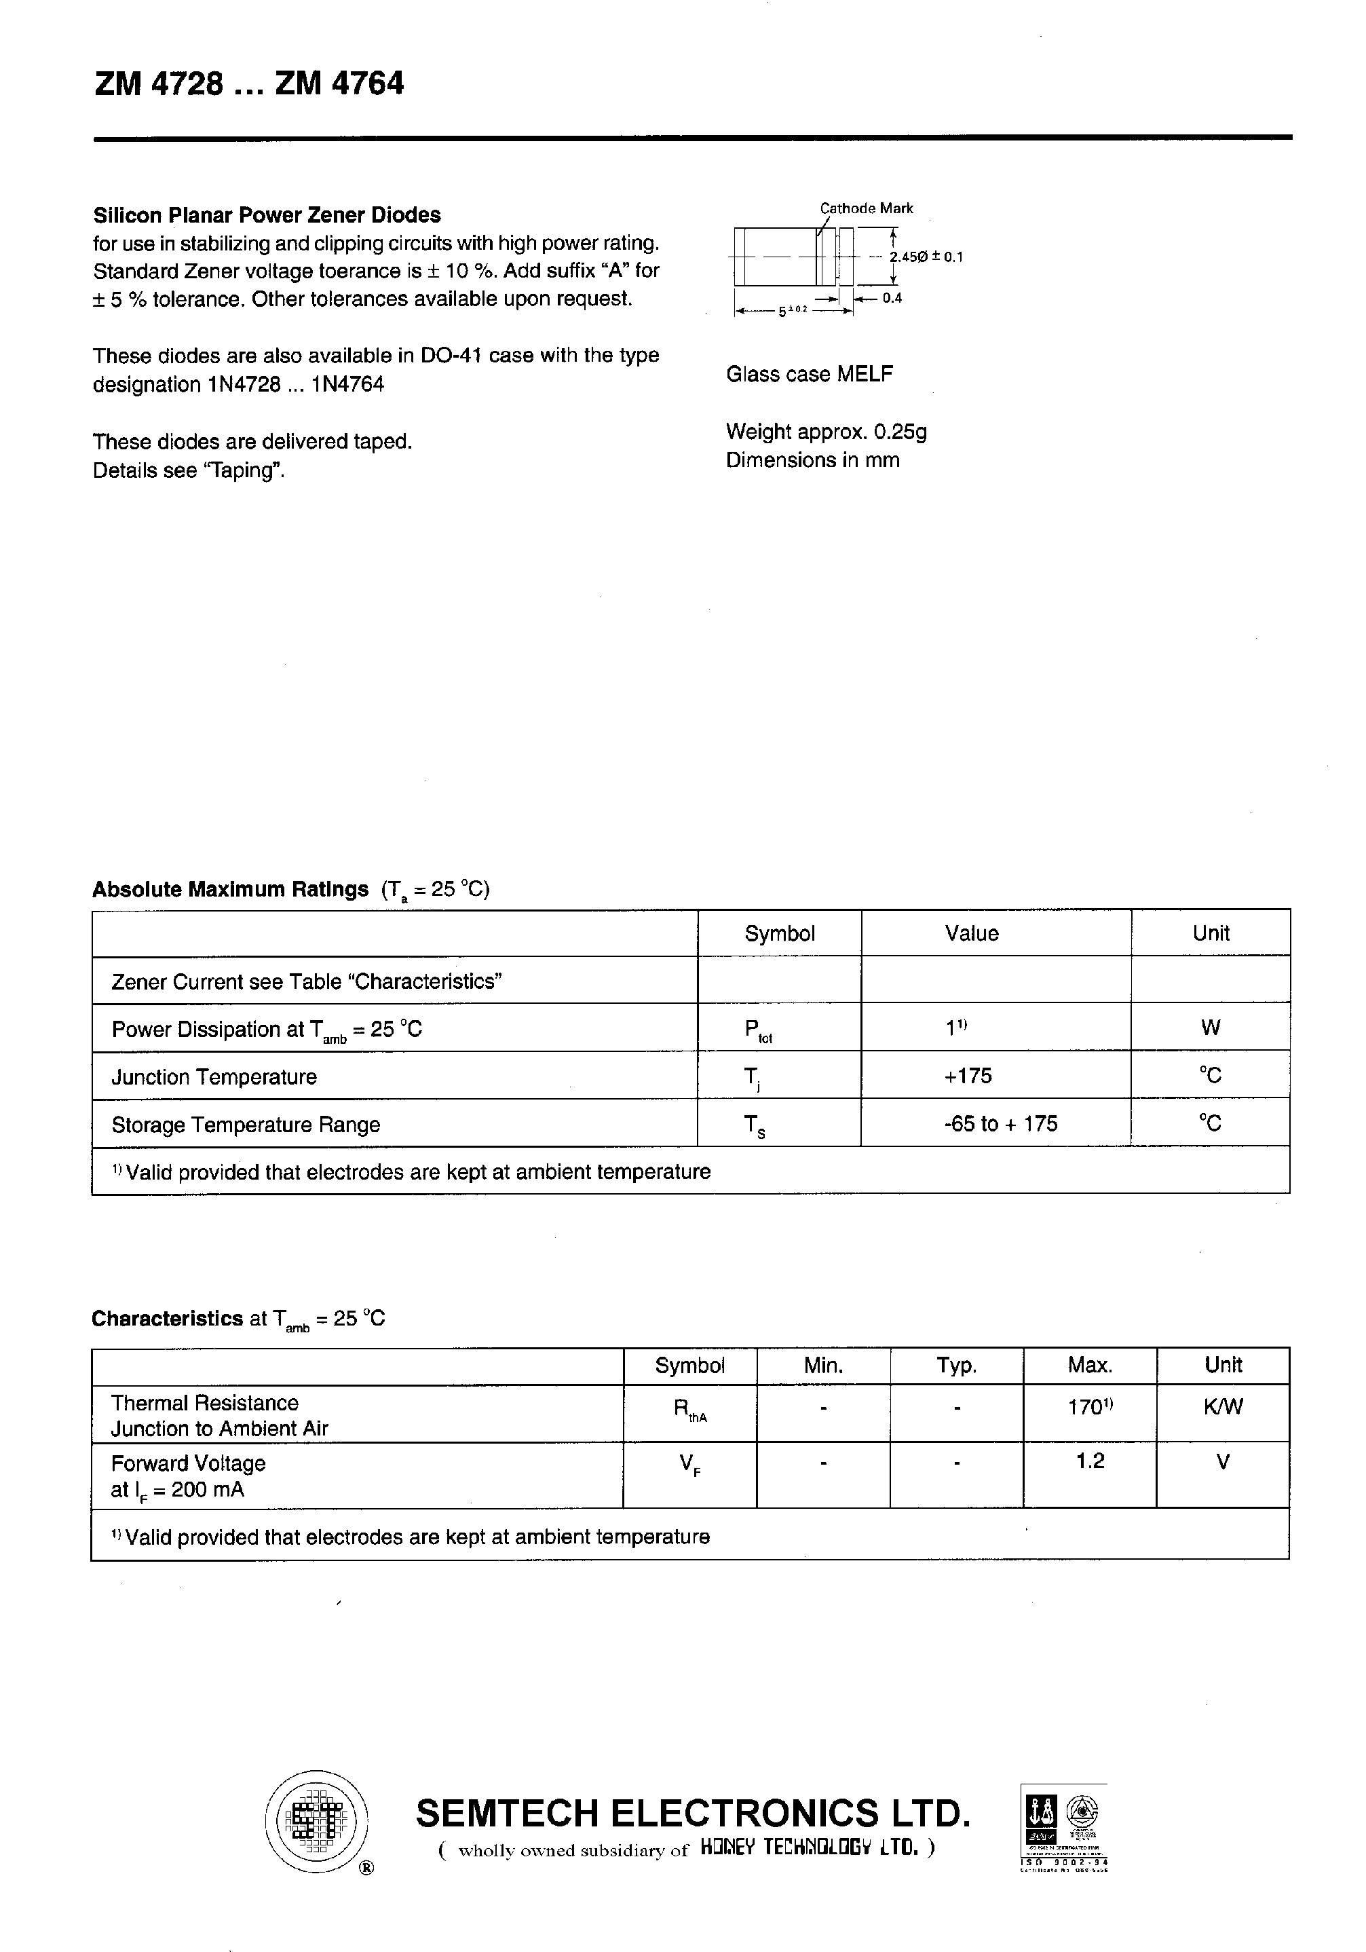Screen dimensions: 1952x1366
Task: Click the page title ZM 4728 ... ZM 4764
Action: tap(248, 84)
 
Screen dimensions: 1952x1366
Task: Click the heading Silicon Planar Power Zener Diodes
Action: tap(267, 215)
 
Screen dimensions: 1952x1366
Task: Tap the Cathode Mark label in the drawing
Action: tap(865, 208)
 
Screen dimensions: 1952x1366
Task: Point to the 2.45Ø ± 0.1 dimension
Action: tap(926, 257)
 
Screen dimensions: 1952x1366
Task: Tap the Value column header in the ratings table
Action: tap(971, 933)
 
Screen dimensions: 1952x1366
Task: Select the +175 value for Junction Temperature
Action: tap(968, 1076)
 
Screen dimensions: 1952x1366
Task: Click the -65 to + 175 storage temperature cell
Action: tap(1000, 1124)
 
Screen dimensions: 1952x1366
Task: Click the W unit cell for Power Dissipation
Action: tap(1210, 1028)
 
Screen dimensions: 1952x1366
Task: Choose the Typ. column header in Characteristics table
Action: tap(956, 1366)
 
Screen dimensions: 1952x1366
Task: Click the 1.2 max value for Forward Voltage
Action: tap(1089, 1461)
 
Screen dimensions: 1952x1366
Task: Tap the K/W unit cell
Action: tap(1222, 1407)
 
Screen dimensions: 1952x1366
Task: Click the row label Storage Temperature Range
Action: tap(246, 1125)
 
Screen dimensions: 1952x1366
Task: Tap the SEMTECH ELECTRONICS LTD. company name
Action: tap(692, 1814)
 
